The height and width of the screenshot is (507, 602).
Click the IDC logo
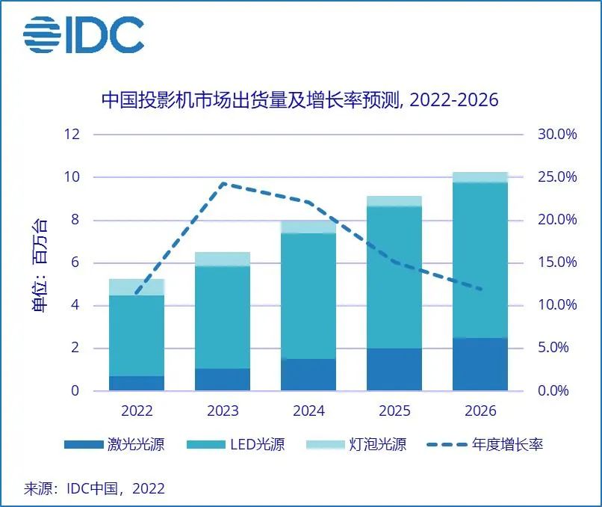click(x=83, y=34)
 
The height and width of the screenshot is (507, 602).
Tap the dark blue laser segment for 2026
click(x=480, y=364)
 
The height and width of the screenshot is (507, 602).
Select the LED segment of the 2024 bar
click(x=308, y=296)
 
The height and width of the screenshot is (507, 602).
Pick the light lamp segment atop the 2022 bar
click(x=137, y=286)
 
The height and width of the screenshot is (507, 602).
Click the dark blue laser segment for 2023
click(x=223, y=379)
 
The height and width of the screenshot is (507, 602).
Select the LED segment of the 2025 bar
click(x=394, y=277)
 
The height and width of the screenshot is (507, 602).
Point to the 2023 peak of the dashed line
click(x=223, y=183)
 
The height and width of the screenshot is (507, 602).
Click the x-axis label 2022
click(x=137, y=411)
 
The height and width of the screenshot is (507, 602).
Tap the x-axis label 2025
click(x=394, y=411)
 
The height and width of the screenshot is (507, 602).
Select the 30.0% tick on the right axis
click(x=557, y=135)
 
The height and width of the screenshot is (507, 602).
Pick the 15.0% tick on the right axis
click(x=557, y=263)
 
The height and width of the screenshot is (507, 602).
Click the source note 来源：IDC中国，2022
click(x=95, y=489)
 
